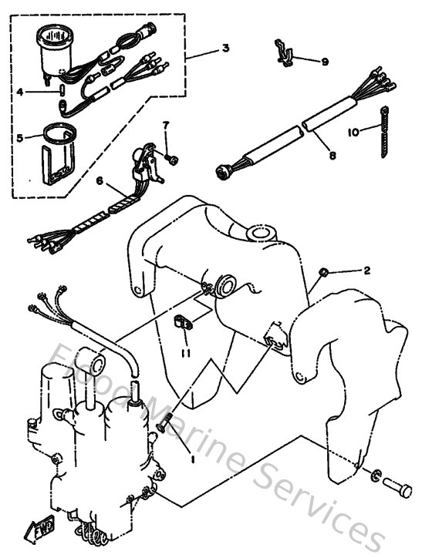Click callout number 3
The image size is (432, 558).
click(x=225, y=48)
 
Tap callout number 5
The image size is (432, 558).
click(x=21, y=138)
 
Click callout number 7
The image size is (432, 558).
click(x=165, y=125)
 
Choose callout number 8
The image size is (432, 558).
click(x=332, y=155)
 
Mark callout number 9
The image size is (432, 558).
click(x=325, y=61)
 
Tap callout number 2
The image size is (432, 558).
click(x=367, y=271)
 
